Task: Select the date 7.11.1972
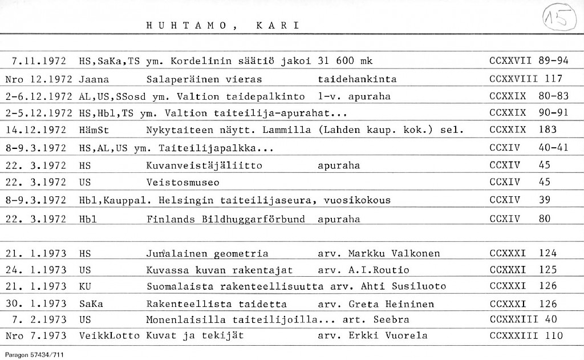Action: coord(39,61)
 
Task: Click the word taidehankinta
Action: coord(356,79)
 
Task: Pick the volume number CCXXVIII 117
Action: coord(526,79)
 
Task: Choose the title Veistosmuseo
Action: coord(182,183)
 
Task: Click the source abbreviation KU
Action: coord(86,286)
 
